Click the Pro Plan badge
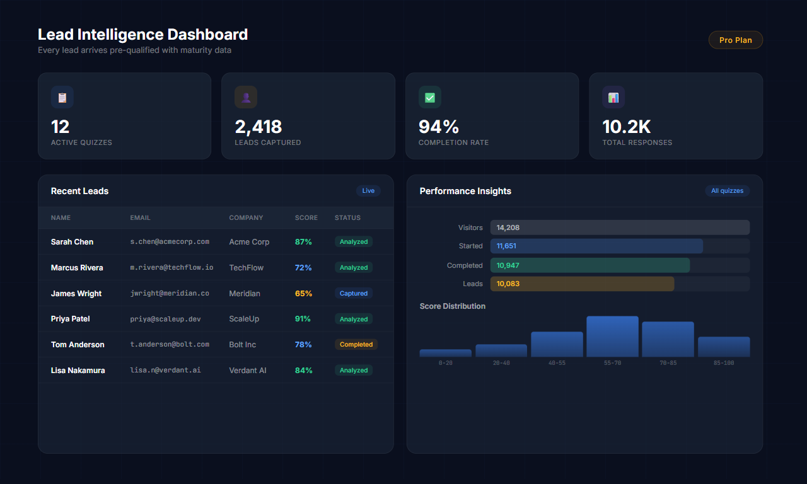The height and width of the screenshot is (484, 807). [x=735, y=40]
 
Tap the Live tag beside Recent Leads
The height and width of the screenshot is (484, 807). [x=368, y=191]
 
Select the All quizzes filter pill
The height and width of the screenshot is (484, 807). [x=727, y=191]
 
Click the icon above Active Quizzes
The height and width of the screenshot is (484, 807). [x=62, y=97]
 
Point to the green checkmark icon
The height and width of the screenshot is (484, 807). [x=430, y=97]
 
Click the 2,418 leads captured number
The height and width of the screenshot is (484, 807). [x=258, y=127]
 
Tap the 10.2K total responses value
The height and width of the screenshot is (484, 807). [x=626, y=127]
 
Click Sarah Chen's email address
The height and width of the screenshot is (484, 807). [x=170, y=242]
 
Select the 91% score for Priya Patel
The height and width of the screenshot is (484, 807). [x=303, y=319]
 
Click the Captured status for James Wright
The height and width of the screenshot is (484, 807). [x=354, y=294]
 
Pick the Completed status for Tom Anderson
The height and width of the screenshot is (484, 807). [x=356, y=345]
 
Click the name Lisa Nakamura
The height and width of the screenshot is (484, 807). [x=78, y=371]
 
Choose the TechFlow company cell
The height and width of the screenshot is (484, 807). [x=247, y=268]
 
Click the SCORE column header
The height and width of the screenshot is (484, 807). [x=306, y=218]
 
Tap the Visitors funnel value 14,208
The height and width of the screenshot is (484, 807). [x=508, y=228]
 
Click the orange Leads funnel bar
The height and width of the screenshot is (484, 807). [x=582, y=284]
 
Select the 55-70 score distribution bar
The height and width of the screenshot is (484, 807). [x=612, y=337]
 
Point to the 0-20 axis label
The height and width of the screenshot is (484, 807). [x=445, y=363]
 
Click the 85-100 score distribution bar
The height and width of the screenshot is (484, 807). [x=724, y=347]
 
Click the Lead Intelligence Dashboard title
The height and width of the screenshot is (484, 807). [x=142, y=35]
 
